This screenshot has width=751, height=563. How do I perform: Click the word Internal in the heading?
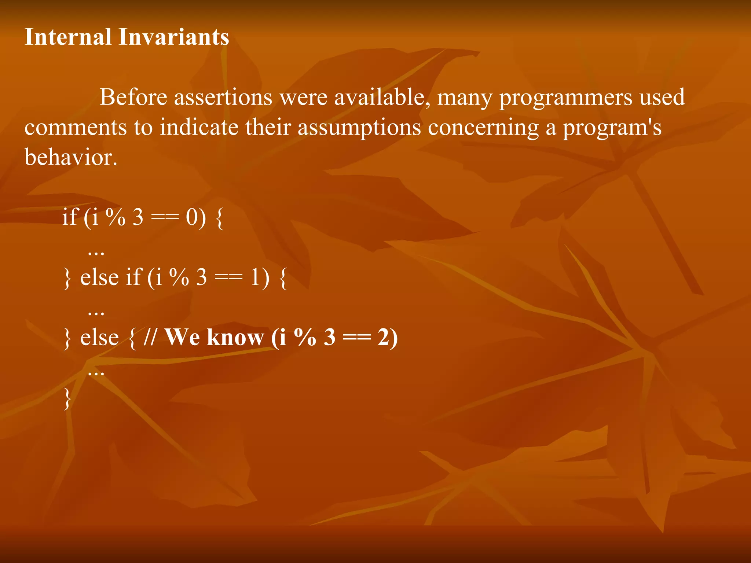pyautogui.click(x=68, y=37)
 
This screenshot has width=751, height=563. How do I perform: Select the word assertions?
pyautogui.click(x=223, y=97)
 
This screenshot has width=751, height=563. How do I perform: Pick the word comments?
pyautogui.click(x=75, y=128)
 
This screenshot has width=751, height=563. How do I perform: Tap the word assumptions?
pyautogui.click(x=359, y=128)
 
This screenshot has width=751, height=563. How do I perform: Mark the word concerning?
pyautogui.click(x=483, y=128)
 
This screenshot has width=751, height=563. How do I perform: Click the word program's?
pyautogui.click(x=612, y=128)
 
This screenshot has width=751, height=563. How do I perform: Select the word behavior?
pyautogui.click(x=71, y=158)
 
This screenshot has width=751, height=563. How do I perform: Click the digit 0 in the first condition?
pyautogui.click(x=192, y=217)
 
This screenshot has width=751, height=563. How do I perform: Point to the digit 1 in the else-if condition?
pyautogui.click(x=255, y=277)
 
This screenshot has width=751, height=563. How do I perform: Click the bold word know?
pyautogui.click(x=235, y=337)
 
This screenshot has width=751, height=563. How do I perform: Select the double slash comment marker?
pyautogui.click(x=150, y=337)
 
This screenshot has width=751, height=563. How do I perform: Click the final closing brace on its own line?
pyautogui.click(x=67, y=398)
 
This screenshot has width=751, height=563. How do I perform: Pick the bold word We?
pyautogui.click(x=183, y=337)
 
